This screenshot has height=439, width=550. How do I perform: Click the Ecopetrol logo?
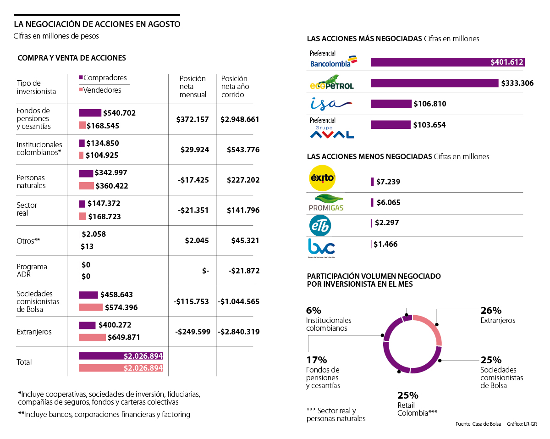point(331,83)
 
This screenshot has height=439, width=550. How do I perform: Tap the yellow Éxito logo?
point(323,178)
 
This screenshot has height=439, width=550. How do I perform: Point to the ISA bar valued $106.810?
point(391,104)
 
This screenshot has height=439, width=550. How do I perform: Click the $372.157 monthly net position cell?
point(192,119)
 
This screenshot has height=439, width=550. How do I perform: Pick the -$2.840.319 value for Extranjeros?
point(239,332)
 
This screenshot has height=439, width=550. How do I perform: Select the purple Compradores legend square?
point(81,78)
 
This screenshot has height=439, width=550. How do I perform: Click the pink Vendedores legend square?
point(81,90)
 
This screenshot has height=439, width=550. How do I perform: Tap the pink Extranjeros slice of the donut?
point(434,327)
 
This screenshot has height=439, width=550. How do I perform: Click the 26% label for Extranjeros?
point(491,311)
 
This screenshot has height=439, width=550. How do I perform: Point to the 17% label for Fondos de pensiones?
point(316,360)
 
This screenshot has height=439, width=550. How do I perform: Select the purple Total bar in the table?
point(121,356)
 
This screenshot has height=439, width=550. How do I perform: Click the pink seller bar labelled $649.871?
point(92,338)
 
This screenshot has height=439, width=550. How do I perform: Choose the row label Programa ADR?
point(32,271)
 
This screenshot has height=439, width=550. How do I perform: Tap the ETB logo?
point(320,225)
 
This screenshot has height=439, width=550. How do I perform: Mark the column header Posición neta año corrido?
point(234,86)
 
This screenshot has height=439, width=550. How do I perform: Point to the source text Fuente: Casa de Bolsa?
point(478,424)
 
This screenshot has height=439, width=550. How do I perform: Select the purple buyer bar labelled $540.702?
point(90,113)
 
